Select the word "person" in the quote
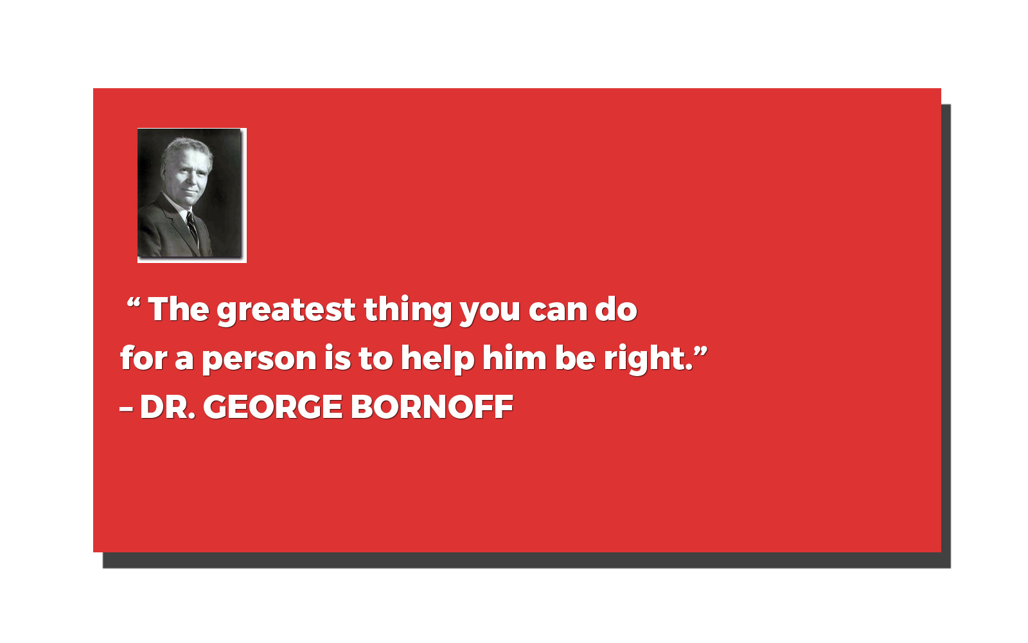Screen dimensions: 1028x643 click(x=260, y=359)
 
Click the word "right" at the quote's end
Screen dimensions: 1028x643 click(x=645, y=359)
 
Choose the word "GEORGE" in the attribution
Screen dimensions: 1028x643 click(x=272, y=407)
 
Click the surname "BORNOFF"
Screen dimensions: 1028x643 click(x=432, y=407)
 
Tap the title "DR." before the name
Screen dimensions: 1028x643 click(x=168, y=407)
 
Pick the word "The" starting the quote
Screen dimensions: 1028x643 click(x=179, y=309)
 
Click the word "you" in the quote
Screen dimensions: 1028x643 click(x=490, y=312)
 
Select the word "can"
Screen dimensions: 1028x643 click(x=558, y=311)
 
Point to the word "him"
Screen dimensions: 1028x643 click(x=515, y=357)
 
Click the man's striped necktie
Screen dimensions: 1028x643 click(x=192, y=228)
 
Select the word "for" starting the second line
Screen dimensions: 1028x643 click(x=143, y=357)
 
